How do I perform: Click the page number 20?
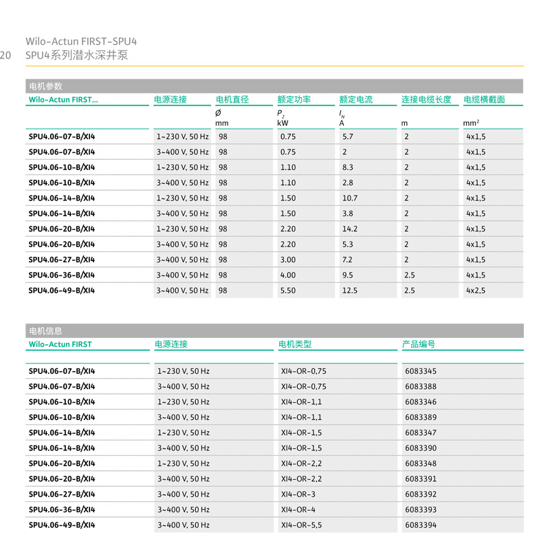pos(5,55)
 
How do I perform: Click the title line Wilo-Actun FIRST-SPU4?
pos(86,41)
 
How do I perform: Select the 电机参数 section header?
pos(45,86)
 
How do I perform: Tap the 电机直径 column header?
pos(232,99)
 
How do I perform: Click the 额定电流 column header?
pos(356,99)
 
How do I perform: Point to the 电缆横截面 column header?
pos(484,99)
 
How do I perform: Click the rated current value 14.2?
pos(350,229)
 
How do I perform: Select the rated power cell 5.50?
pos(288,291)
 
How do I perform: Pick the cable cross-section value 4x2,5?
pos(476,291)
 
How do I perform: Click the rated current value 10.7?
pos(350,198)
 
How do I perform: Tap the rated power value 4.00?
pos(288,275)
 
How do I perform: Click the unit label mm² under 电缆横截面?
pos(472,123)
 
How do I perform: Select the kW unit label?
pos(283,123)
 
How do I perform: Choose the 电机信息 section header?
pos(45,330)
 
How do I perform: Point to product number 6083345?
pos(421,371)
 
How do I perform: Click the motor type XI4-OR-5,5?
pos(301,525)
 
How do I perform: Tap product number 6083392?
pos(421,494)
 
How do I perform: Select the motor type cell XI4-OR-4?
pos(298,510)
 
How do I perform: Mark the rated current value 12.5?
pos(350,291)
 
